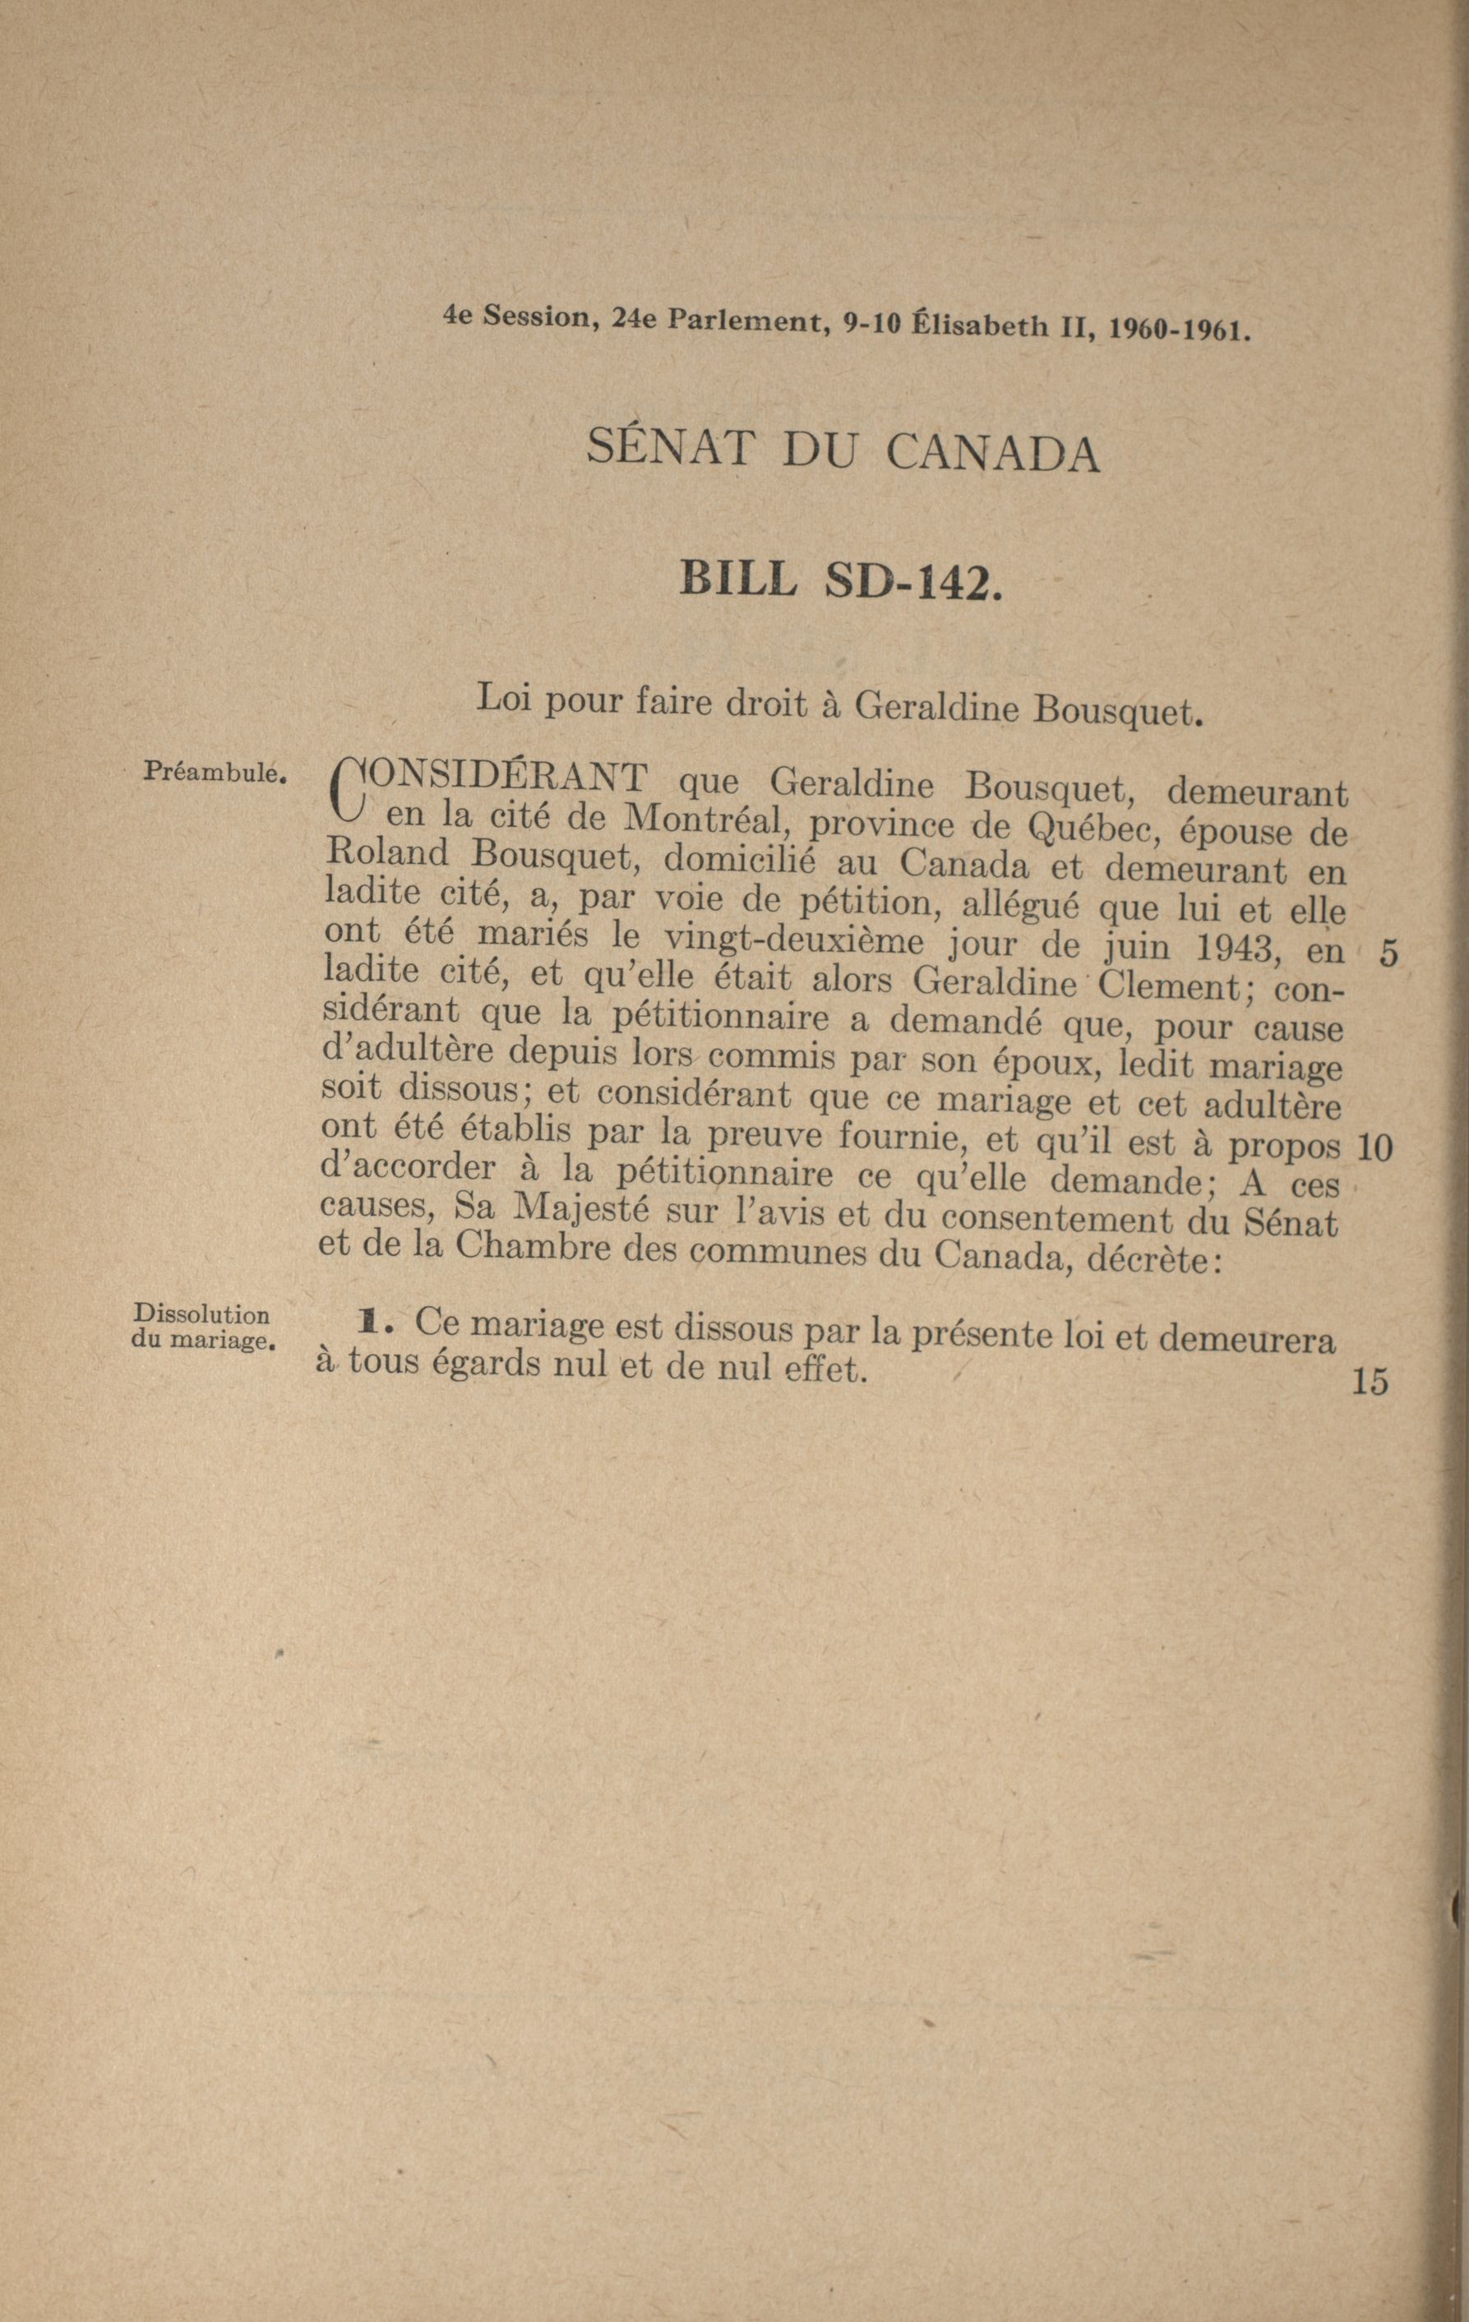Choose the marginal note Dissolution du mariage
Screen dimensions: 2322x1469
202,1327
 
